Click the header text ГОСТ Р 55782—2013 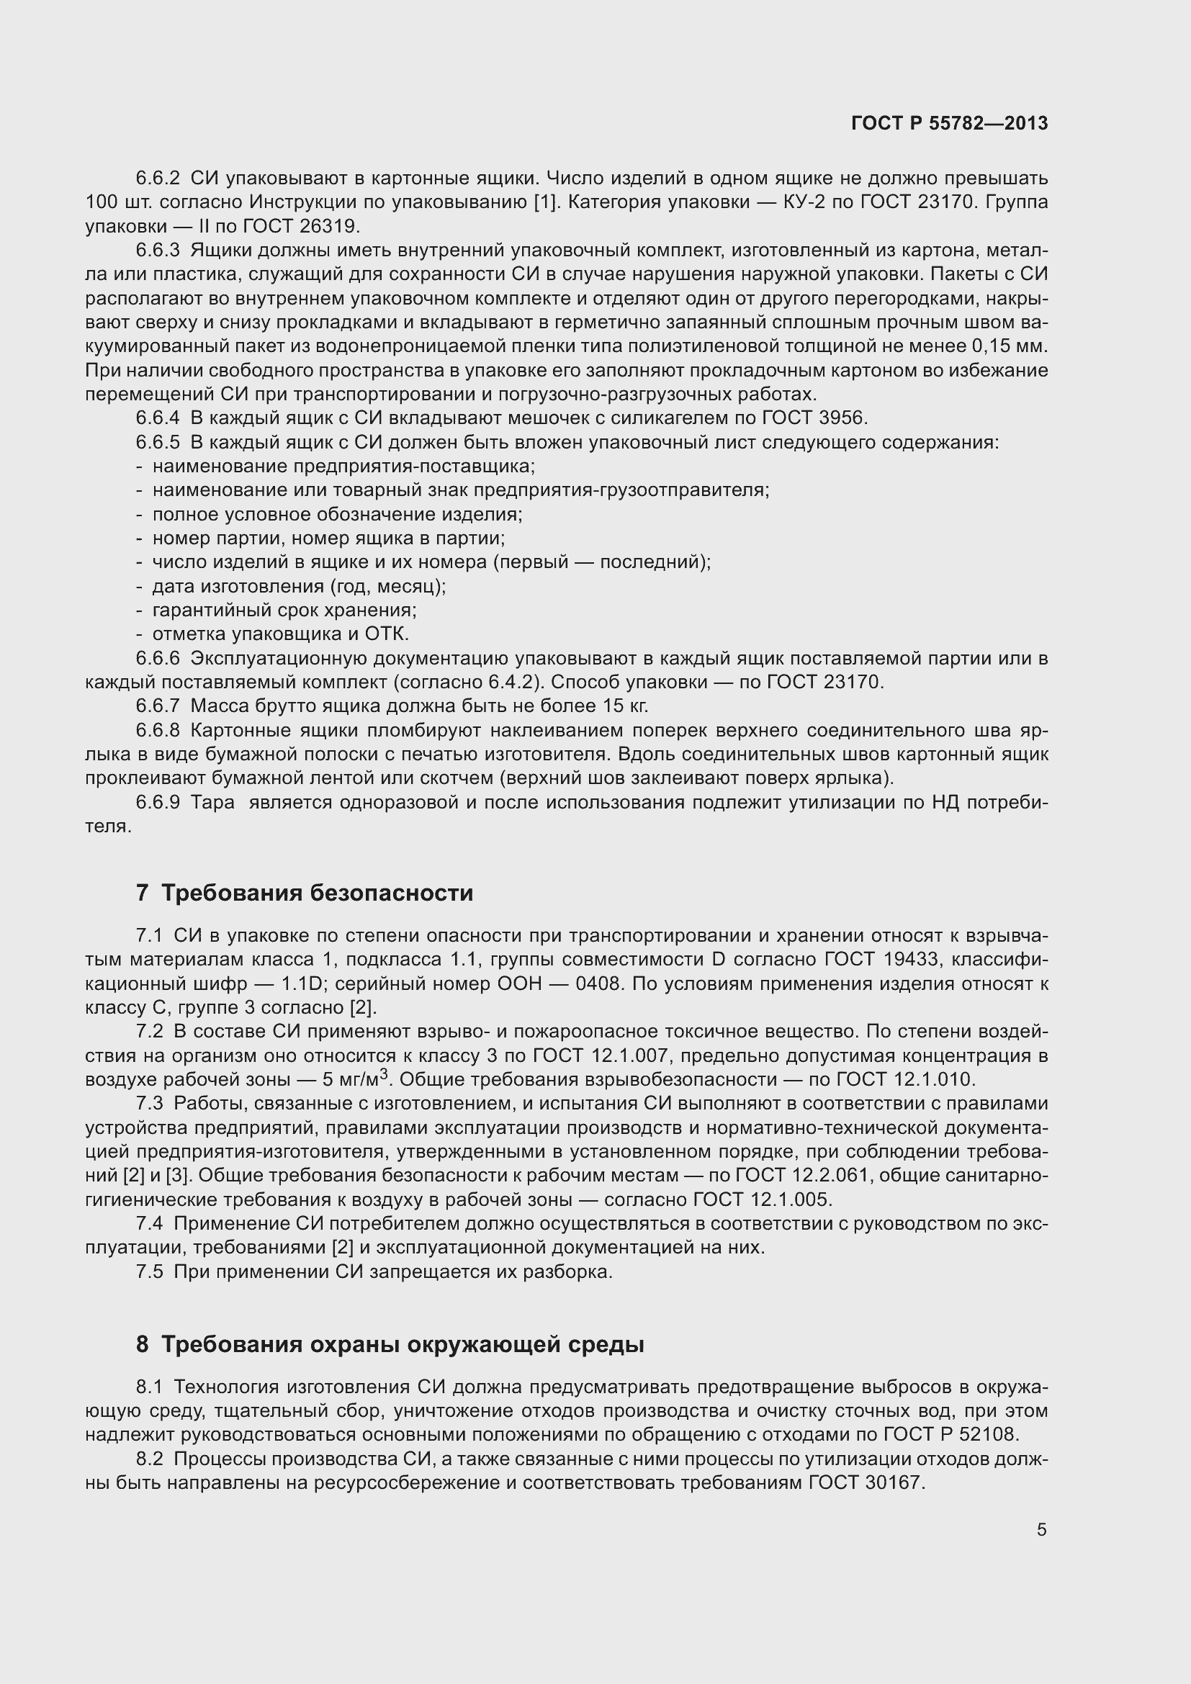coord(949,123)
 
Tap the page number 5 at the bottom coord(1041,1529)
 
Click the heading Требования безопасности coord(317,893)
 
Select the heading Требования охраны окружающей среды coord(402,1344)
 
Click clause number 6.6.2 coord(158,179)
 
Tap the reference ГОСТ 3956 coord(815,418)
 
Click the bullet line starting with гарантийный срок coord(284,611)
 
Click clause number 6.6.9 coord(158,802)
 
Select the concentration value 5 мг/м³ coord(351,1079)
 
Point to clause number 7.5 coord(149,1271)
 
